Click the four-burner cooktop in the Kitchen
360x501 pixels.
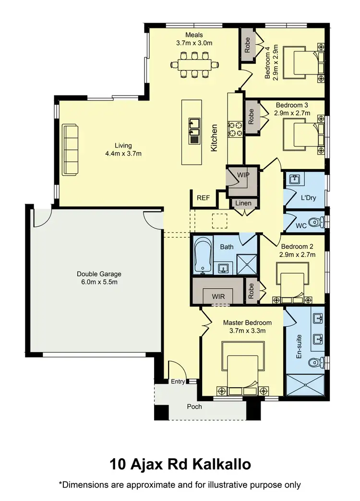[x=235, y=128]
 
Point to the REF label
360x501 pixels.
[x=203, y=197]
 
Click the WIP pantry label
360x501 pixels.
[x=243, y=175]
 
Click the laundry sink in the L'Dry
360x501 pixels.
[x=294, y=180]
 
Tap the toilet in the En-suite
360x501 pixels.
[x=314, y=363]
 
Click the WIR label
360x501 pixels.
[x=218, y=297]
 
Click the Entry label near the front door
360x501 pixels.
[x=178, y=382]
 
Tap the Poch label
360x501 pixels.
[x=194, y=407]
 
